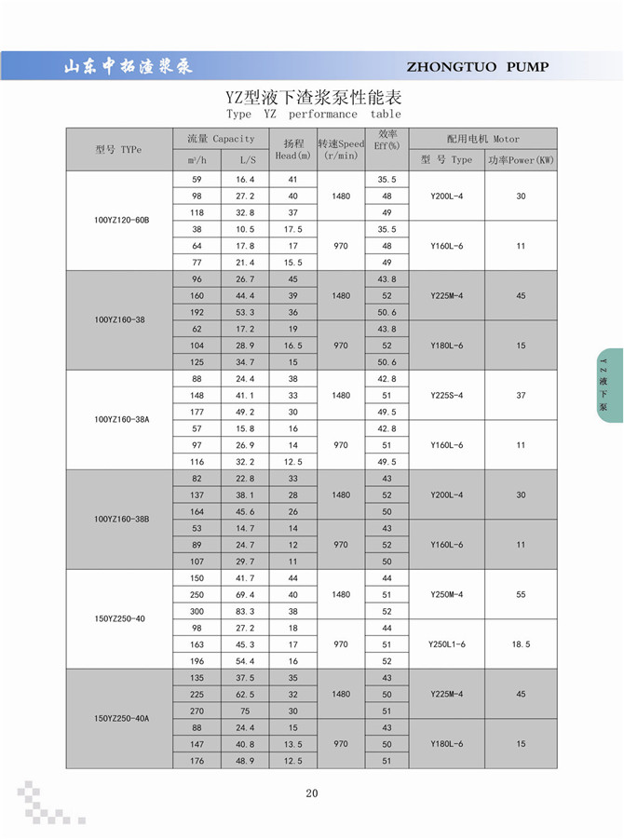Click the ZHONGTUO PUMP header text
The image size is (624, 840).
point(478,66)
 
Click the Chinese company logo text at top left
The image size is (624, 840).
point(127,67)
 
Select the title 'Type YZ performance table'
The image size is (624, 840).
point(313,114)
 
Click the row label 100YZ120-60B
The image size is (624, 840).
point(121,221)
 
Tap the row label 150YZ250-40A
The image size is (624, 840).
point(121,719)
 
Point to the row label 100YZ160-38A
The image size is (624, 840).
point(121,420)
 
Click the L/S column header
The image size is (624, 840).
point(245,160)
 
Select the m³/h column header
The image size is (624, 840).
point(196,160)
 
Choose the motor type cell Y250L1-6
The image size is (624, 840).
point(446,644)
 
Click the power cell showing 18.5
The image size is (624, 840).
point(521,644)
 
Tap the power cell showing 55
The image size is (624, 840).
point(521,594)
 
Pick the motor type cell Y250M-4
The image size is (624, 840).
point(446,594)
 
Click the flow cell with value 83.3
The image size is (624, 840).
point(245,611)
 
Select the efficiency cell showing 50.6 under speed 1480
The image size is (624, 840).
point(387,312)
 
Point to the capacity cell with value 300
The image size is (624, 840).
point(196,611)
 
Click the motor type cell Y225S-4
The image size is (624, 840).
point(446,395)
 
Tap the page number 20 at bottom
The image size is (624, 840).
point(311,793)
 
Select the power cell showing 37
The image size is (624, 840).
point(521,395)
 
